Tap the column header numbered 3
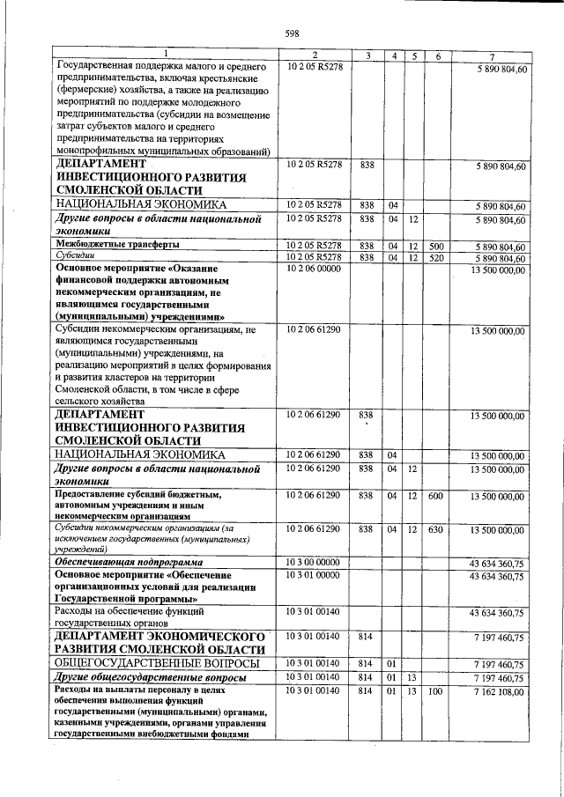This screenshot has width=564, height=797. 367,56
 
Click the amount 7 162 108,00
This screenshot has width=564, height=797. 497,692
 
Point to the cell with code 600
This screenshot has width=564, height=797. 436,496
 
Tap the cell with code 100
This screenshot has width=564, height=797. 436,692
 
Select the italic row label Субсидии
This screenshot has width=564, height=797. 76,256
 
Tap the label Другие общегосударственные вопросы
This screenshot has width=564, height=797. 151,677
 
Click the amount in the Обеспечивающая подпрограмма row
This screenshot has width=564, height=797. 497,561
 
